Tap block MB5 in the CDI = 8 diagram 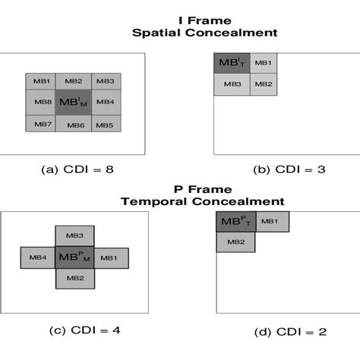click(x=104, y=124)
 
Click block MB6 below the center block click(x=73, y=124)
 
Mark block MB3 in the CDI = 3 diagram click(x=232, y=84)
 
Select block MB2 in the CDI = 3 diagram click(x=261, y=84)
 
